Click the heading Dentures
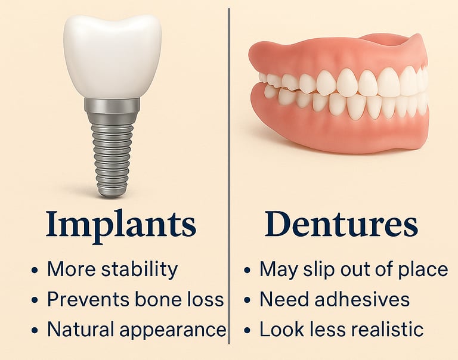tap(341, 224)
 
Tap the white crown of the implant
tap(112, 56)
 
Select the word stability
tap(140, 270)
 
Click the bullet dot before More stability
tap(35, 271)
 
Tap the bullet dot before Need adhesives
tap(247, 300)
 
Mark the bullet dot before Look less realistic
tap(247, 330)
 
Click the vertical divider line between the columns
tap(229, 176)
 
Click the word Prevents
tap(88, 299)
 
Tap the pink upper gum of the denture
tap(336, 55)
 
